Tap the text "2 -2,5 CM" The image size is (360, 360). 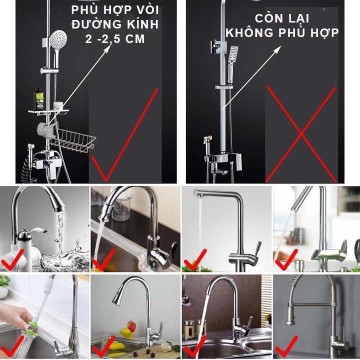click(115, 39)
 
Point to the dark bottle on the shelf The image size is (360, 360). click(39, 97)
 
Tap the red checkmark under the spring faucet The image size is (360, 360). click(286, 345)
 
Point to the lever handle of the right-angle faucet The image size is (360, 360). click(255, 248)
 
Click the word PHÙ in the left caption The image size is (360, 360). click(83, 10)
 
